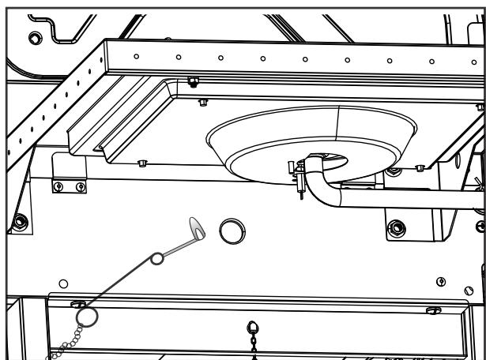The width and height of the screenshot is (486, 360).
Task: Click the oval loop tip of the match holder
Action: click(197, 229)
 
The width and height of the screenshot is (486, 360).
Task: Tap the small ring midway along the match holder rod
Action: click(157, 258)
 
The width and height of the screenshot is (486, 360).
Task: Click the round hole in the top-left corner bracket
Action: click(34, 38)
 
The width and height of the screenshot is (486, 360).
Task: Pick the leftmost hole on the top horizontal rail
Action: click(137, 55)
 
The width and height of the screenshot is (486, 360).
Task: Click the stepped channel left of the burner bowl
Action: click(119, 130)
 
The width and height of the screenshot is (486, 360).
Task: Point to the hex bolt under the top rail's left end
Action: click(193, 82)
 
